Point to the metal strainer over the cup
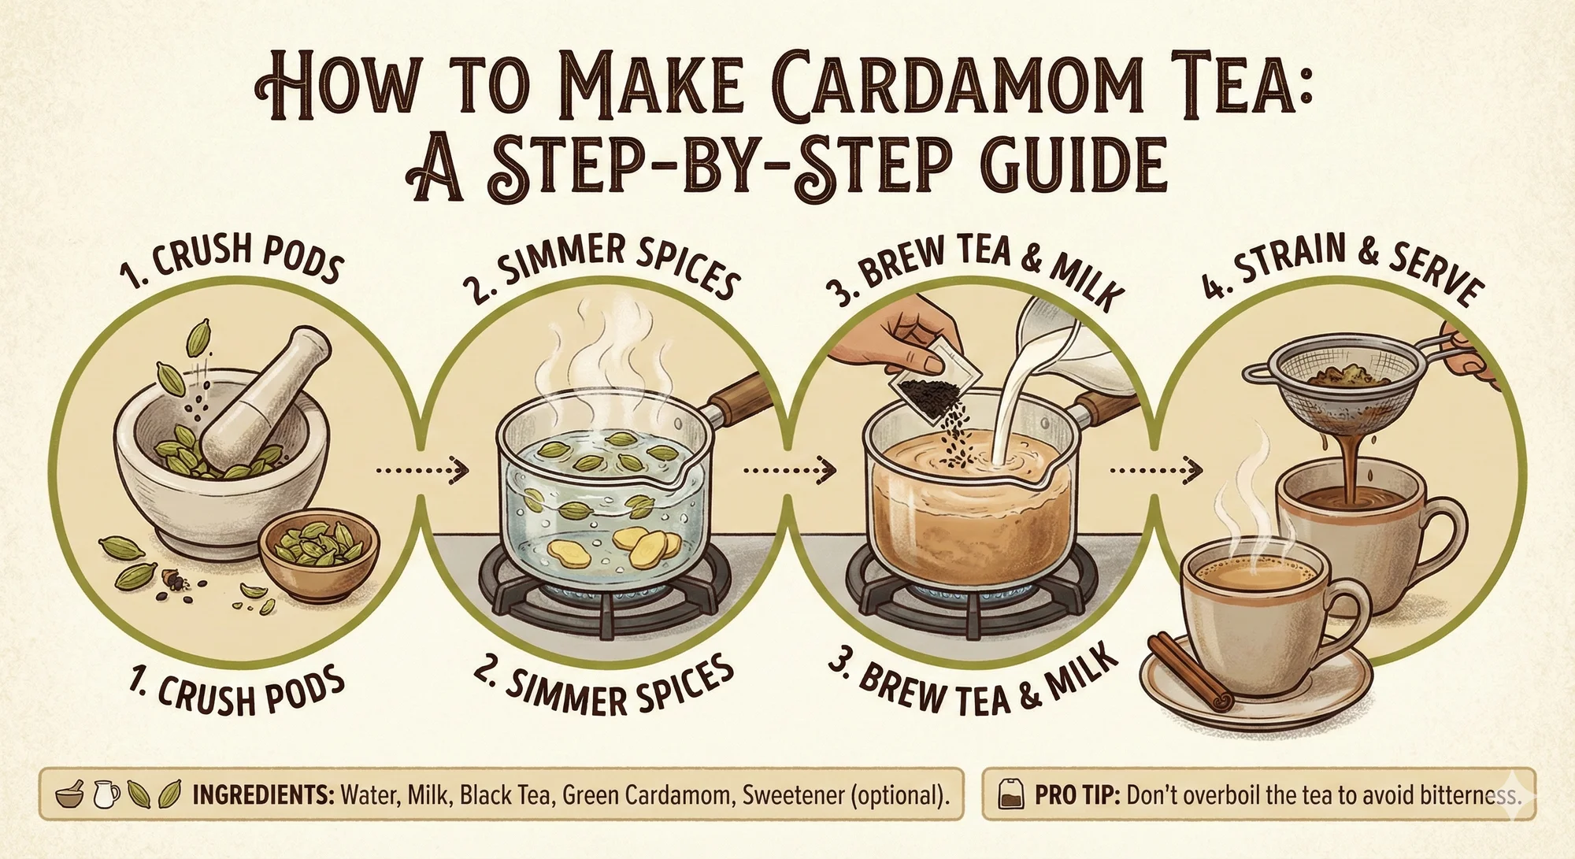(1339, 394)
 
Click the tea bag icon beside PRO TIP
(1012, 795)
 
